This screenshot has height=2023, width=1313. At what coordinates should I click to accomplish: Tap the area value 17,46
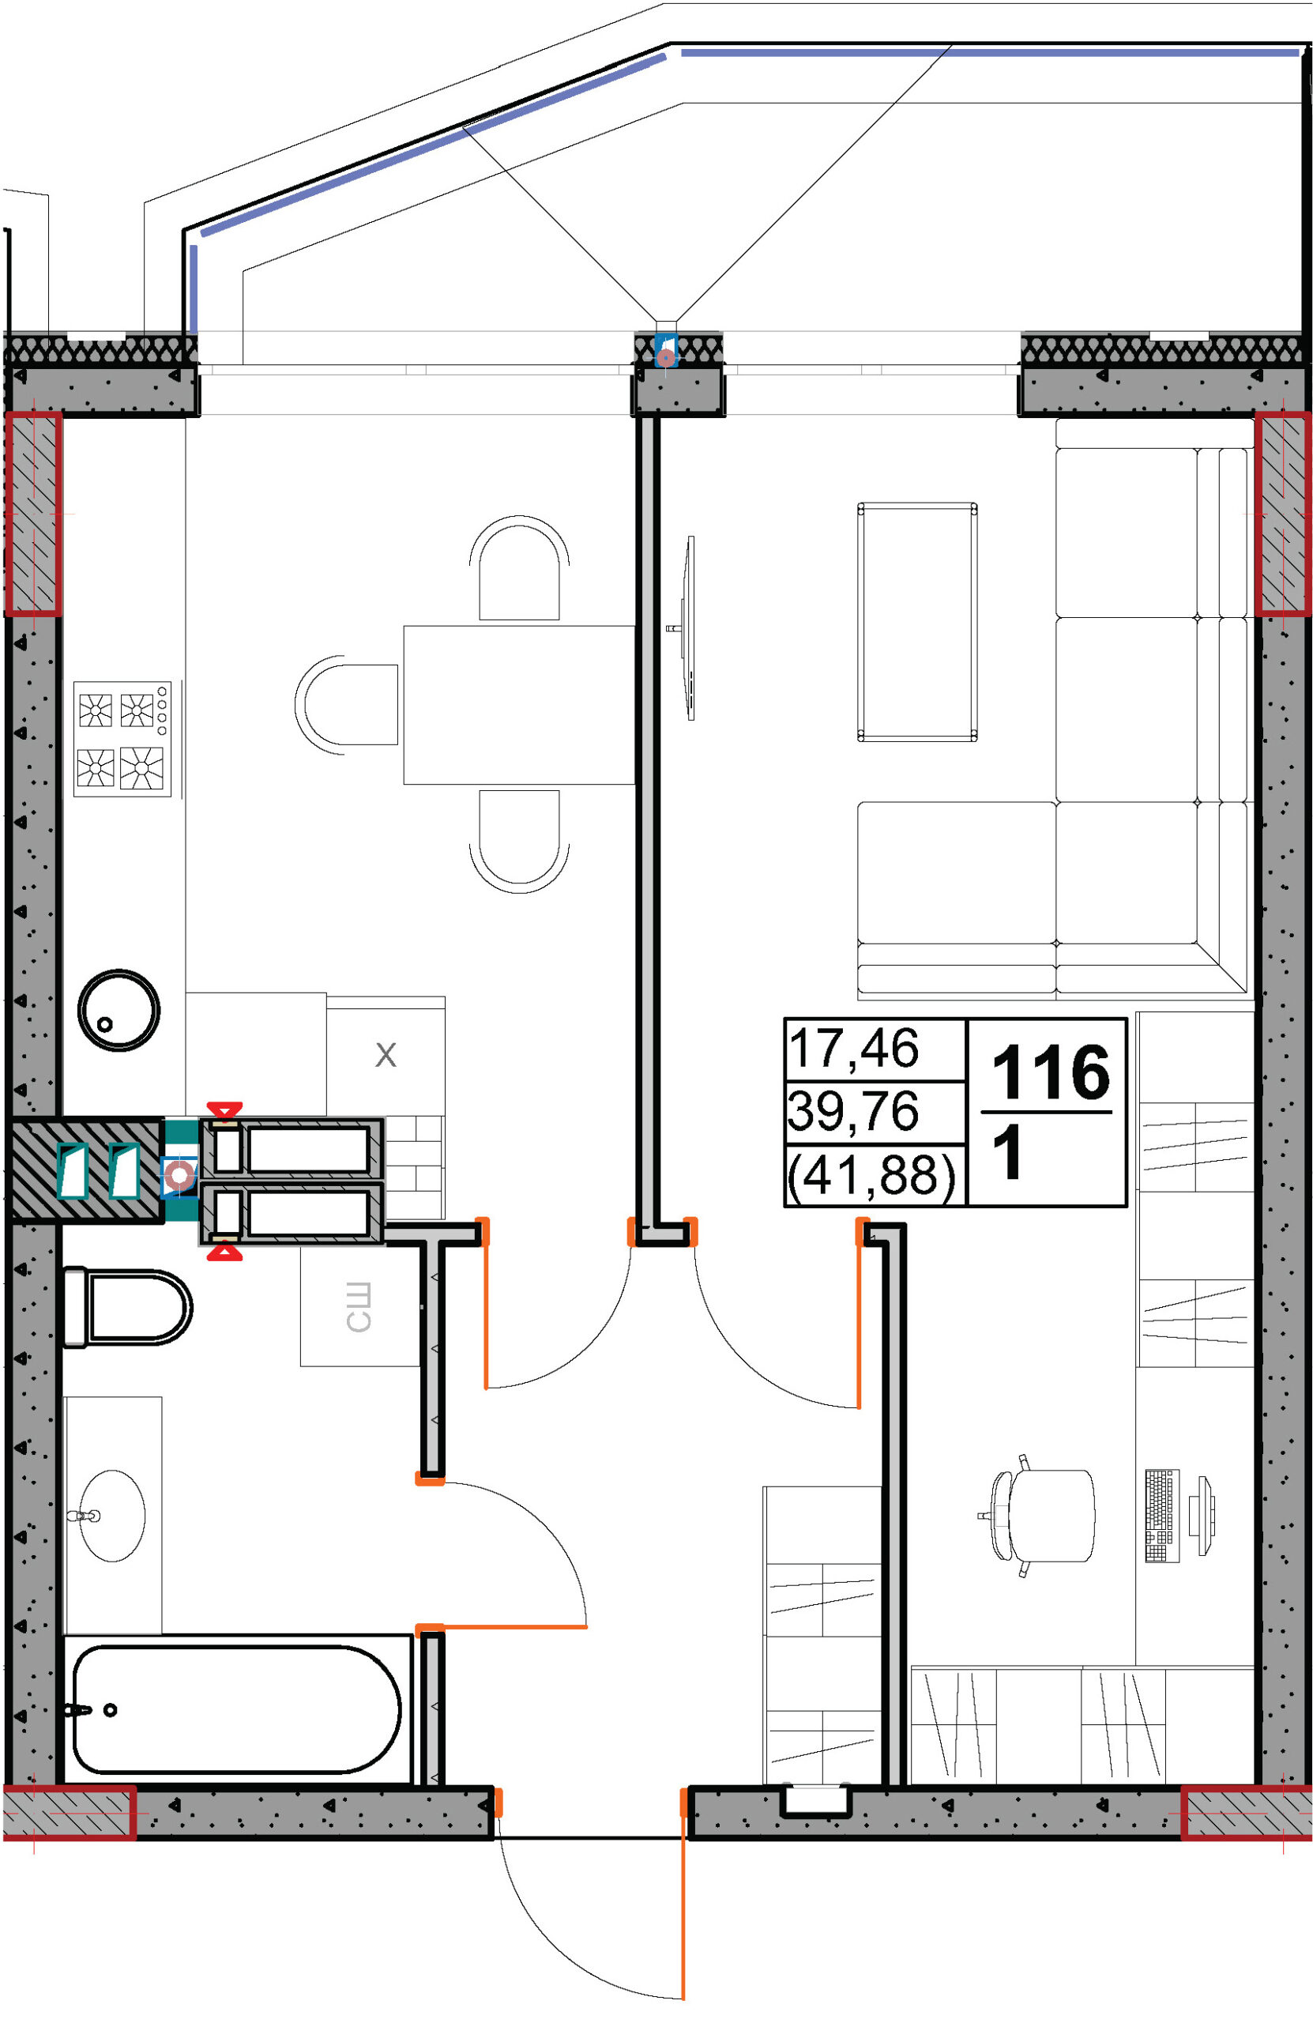coord(853,1047)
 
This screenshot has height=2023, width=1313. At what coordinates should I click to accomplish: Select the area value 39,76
coord(853,1110)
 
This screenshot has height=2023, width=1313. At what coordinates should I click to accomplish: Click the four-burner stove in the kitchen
coord(122,739)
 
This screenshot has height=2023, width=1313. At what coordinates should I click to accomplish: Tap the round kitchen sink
coord(119,1011)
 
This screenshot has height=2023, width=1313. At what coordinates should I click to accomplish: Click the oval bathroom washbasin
coord(112,1516)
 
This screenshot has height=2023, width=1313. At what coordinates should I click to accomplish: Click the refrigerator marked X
coord(386,1056)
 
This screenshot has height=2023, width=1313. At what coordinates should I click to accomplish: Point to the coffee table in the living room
coord(917,622)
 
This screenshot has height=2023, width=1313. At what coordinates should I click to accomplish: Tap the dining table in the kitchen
coord(519,705)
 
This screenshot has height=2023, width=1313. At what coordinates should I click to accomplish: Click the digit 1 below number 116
coord(1010,1154)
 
